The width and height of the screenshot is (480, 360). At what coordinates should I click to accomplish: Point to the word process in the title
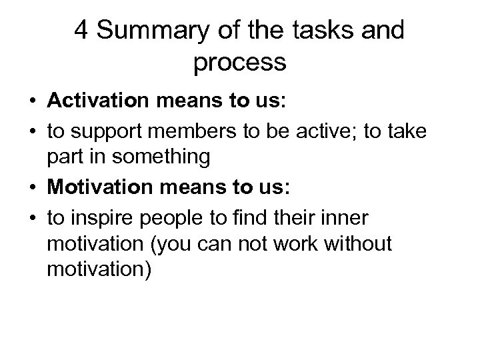[x=240, y=63]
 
